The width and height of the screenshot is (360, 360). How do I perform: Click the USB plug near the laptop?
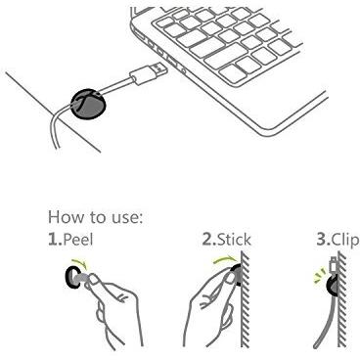tap(150, 73)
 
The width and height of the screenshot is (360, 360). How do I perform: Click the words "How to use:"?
tap(95, 217)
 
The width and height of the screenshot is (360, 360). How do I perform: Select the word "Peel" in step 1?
tap(78, 240)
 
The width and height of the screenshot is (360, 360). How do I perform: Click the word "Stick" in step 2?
tap(234, 240)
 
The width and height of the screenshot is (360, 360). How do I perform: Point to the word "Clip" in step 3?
tap(345, 241)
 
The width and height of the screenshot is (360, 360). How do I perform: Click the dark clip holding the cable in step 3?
tap(333, 285)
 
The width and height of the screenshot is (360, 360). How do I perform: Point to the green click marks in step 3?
tap(319, 275)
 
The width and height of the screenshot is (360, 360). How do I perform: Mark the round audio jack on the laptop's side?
tap(185, 69)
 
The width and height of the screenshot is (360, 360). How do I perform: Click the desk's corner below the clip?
tap(56, 114)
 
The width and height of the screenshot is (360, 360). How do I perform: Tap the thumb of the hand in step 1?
tap(95, 281)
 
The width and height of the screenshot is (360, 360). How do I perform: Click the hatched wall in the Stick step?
tap(245, 298)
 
